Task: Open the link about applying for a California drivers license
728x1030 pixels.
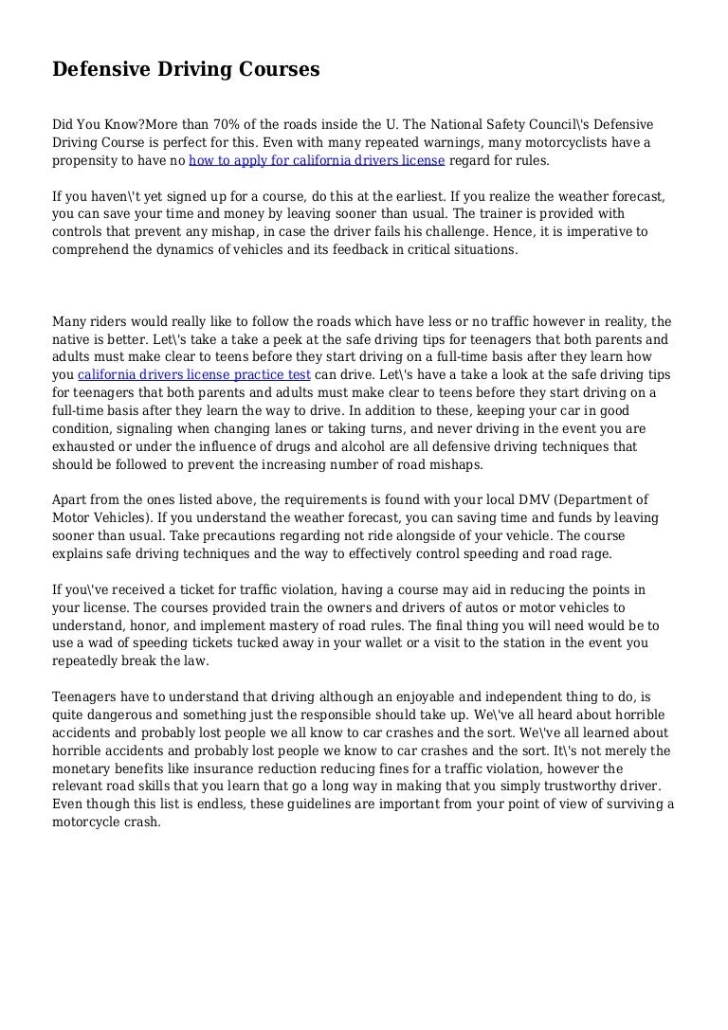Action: (317, 161)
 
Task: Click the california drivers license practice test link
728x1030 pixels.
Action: (194, 374)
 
